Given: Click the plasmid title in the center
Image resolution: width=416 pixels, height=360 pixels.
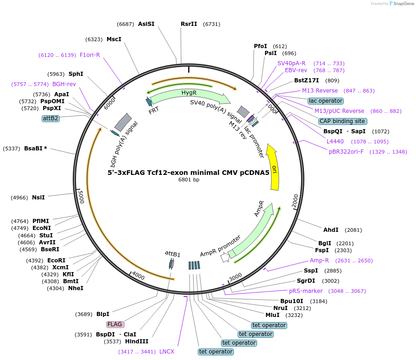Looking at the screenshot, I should pos(189,173).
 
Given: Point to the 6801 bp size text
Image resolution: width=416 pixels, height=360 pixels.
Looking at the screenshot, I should pos(189,180).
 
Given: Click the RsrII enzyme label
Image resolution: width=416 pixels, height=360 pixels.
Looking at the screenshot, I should pos(189,24).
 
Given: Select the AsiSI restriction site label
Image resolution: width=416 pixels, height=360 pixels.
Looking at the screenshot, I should pos(146,24).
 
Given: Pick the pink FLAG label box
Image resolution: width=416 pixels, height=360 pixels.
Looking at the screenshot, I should pos(114,324).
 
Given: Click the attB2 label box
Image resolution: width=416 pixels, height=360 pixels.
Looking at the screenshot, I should pos(50,118).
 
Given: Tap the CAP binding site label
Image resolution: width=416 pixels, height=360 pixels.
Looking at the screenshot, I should pos(342,121).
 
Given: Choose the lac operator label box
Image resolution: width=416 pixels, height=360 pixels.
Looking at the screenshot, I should pos(325,101).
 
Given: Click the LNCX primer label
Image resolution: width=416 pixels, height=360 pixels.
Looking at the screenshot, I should pos(167,352).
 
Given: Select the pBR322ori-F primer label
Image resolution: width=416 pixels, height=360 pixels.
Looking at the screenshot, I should pos(346,152).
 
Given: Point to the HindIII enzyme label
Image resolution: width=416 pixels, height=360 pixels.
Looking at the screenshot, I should pos(137,341).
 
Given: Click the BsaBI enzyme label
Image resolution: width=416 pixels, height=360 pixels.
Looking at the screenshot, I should pos(36,149).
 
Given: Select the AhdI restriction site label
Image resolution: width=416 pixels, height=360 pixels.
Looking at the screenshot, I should pos(331,230).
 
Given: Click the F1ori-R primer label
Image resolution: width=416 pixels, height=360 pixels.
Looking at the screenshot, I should pos(90,55).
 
